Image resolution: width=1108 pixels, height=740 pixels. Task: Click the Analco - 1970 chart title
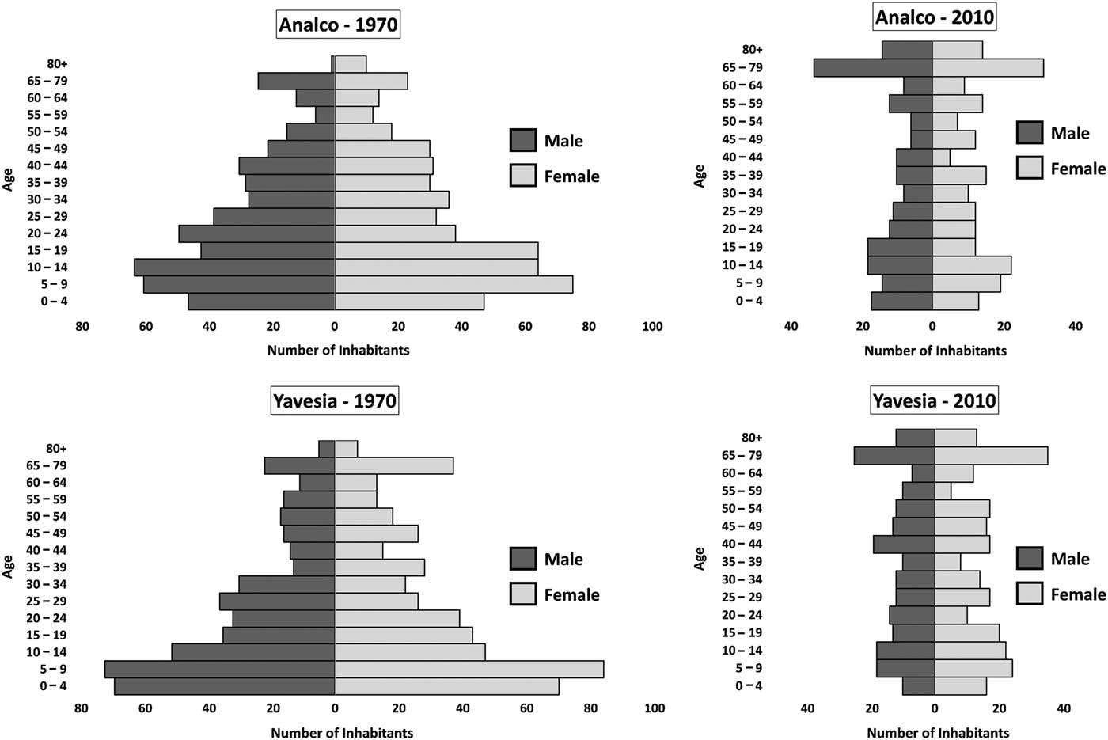(x=338, y=25)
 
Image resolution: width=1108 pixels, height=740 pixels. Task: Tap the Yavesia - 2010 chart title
(x=934, y=401)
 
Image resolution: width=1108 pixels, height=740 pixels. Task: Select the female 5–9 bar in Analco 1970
(x=453, y=284)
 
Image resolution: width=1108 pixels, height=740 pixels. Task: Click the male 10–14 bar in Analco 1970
(x=234, y=268)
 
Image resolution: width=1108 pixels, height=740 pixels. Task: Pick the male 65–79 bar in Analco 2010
(x=873, y=68)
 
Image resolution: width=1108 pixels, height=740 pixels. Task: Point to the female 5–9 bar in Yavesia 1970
(x=469, y=669)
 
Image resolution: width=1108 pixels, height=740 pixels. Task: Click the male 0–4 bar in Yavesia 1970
(x=225, y=686)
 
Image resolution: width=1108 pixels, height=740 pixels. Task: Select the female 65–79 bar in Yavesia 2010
(x=991, y=456)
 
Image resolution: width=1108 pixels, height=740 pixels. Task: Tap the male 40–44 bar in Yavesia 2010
(x=904, y=545)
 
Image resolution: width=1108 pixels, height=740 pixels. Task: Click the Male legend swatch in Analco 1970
(x=523, y=141)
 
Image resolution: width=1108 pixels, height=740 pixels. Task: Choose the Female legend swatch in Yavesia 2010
(x=1030, y=594)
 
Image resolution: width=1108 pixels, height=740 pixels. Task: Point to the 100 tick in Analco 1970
(x=652, y=327)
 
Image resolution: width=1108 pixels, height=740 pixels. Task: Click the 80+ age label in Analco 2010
(x=752, y=50)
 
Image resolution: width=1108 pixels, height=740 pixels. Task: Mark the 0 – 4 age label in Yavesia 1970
(x=52, y=686)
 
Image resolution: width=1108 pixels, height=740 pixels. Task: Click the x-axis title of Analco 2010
(x=935, y=351)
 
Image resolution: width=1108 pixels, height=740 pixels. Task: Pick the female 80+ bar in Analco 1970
(x=350, y=64)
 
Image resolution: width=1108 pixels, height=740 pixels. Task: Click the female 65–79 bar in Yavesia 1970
(x=393, y=465)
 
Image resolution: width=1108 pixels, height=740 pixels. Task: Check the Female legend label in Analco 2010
(x=1078, y=169)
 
